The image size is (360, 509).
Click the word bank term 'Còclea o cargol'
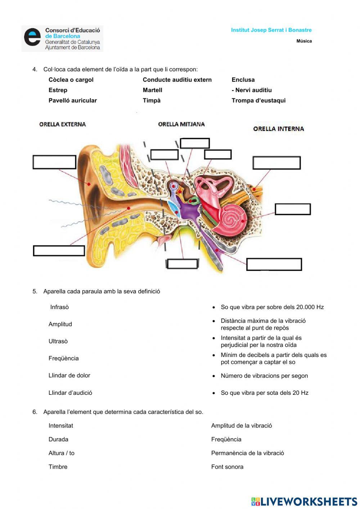click(71, 80)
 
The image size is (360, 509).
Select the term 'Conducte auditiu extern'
click(177, 80)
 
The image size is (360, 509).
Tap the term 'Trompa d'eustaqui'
click(258, 101)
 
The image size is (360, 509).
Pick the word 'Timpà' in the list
click(152, 101)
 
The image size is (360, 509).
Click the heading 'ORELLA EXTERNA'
click(63, 124)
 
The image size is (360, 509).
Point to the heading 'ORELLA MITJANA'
click(181, 124)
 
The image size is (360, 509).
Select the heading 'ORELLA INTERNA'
click(279, 129)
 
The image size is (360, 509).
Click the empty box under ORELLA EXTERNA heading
click(54, 162)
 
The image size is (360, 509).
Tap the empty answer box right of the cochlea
click(293, 209)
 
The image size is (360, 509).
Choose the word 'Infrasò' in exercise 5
click(59, 307)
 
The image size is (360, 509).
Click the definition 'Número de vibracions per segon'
click(264, 376)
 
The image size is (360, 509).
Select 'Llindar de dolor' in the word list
click(69, 375)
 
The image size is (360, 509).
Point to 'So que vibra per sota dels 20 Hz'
click(265, 393)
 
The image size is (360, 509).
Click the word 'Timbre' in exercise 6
click(58, 467)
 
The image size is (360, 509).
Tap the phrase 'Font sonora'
click(227, 467)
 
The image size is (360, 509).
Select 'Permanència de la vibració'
click(248, 453)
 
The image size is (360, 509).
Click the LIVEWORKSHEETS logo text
click(309, 501)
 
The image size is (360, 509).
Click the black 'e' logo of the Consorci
click(32, 37)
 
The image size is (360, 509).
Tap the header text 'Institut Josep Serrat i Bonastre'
click(271, 30)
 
